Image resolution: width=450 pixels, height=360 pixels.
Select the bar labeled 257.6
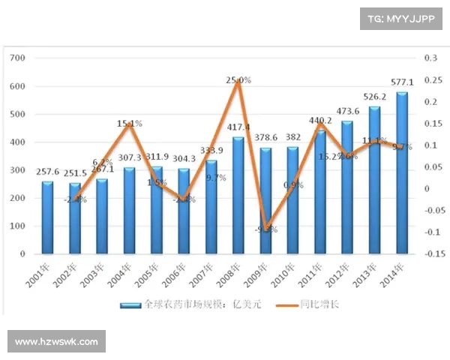(x=47, y=217)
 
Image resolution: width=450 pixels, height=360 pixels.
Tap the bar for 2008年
(x=238, y=196)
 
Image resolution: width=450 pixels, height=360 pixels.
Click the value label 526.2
(x=375, y=97)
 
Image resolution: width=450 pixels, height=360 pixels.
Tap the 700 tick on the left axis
(x=19, y=58)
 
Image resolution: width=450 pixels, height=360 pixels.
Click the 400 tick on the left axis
(x=19, y=142)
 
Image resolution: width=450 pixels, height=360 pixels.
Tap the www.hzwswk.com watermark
(x=56, y=342)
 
